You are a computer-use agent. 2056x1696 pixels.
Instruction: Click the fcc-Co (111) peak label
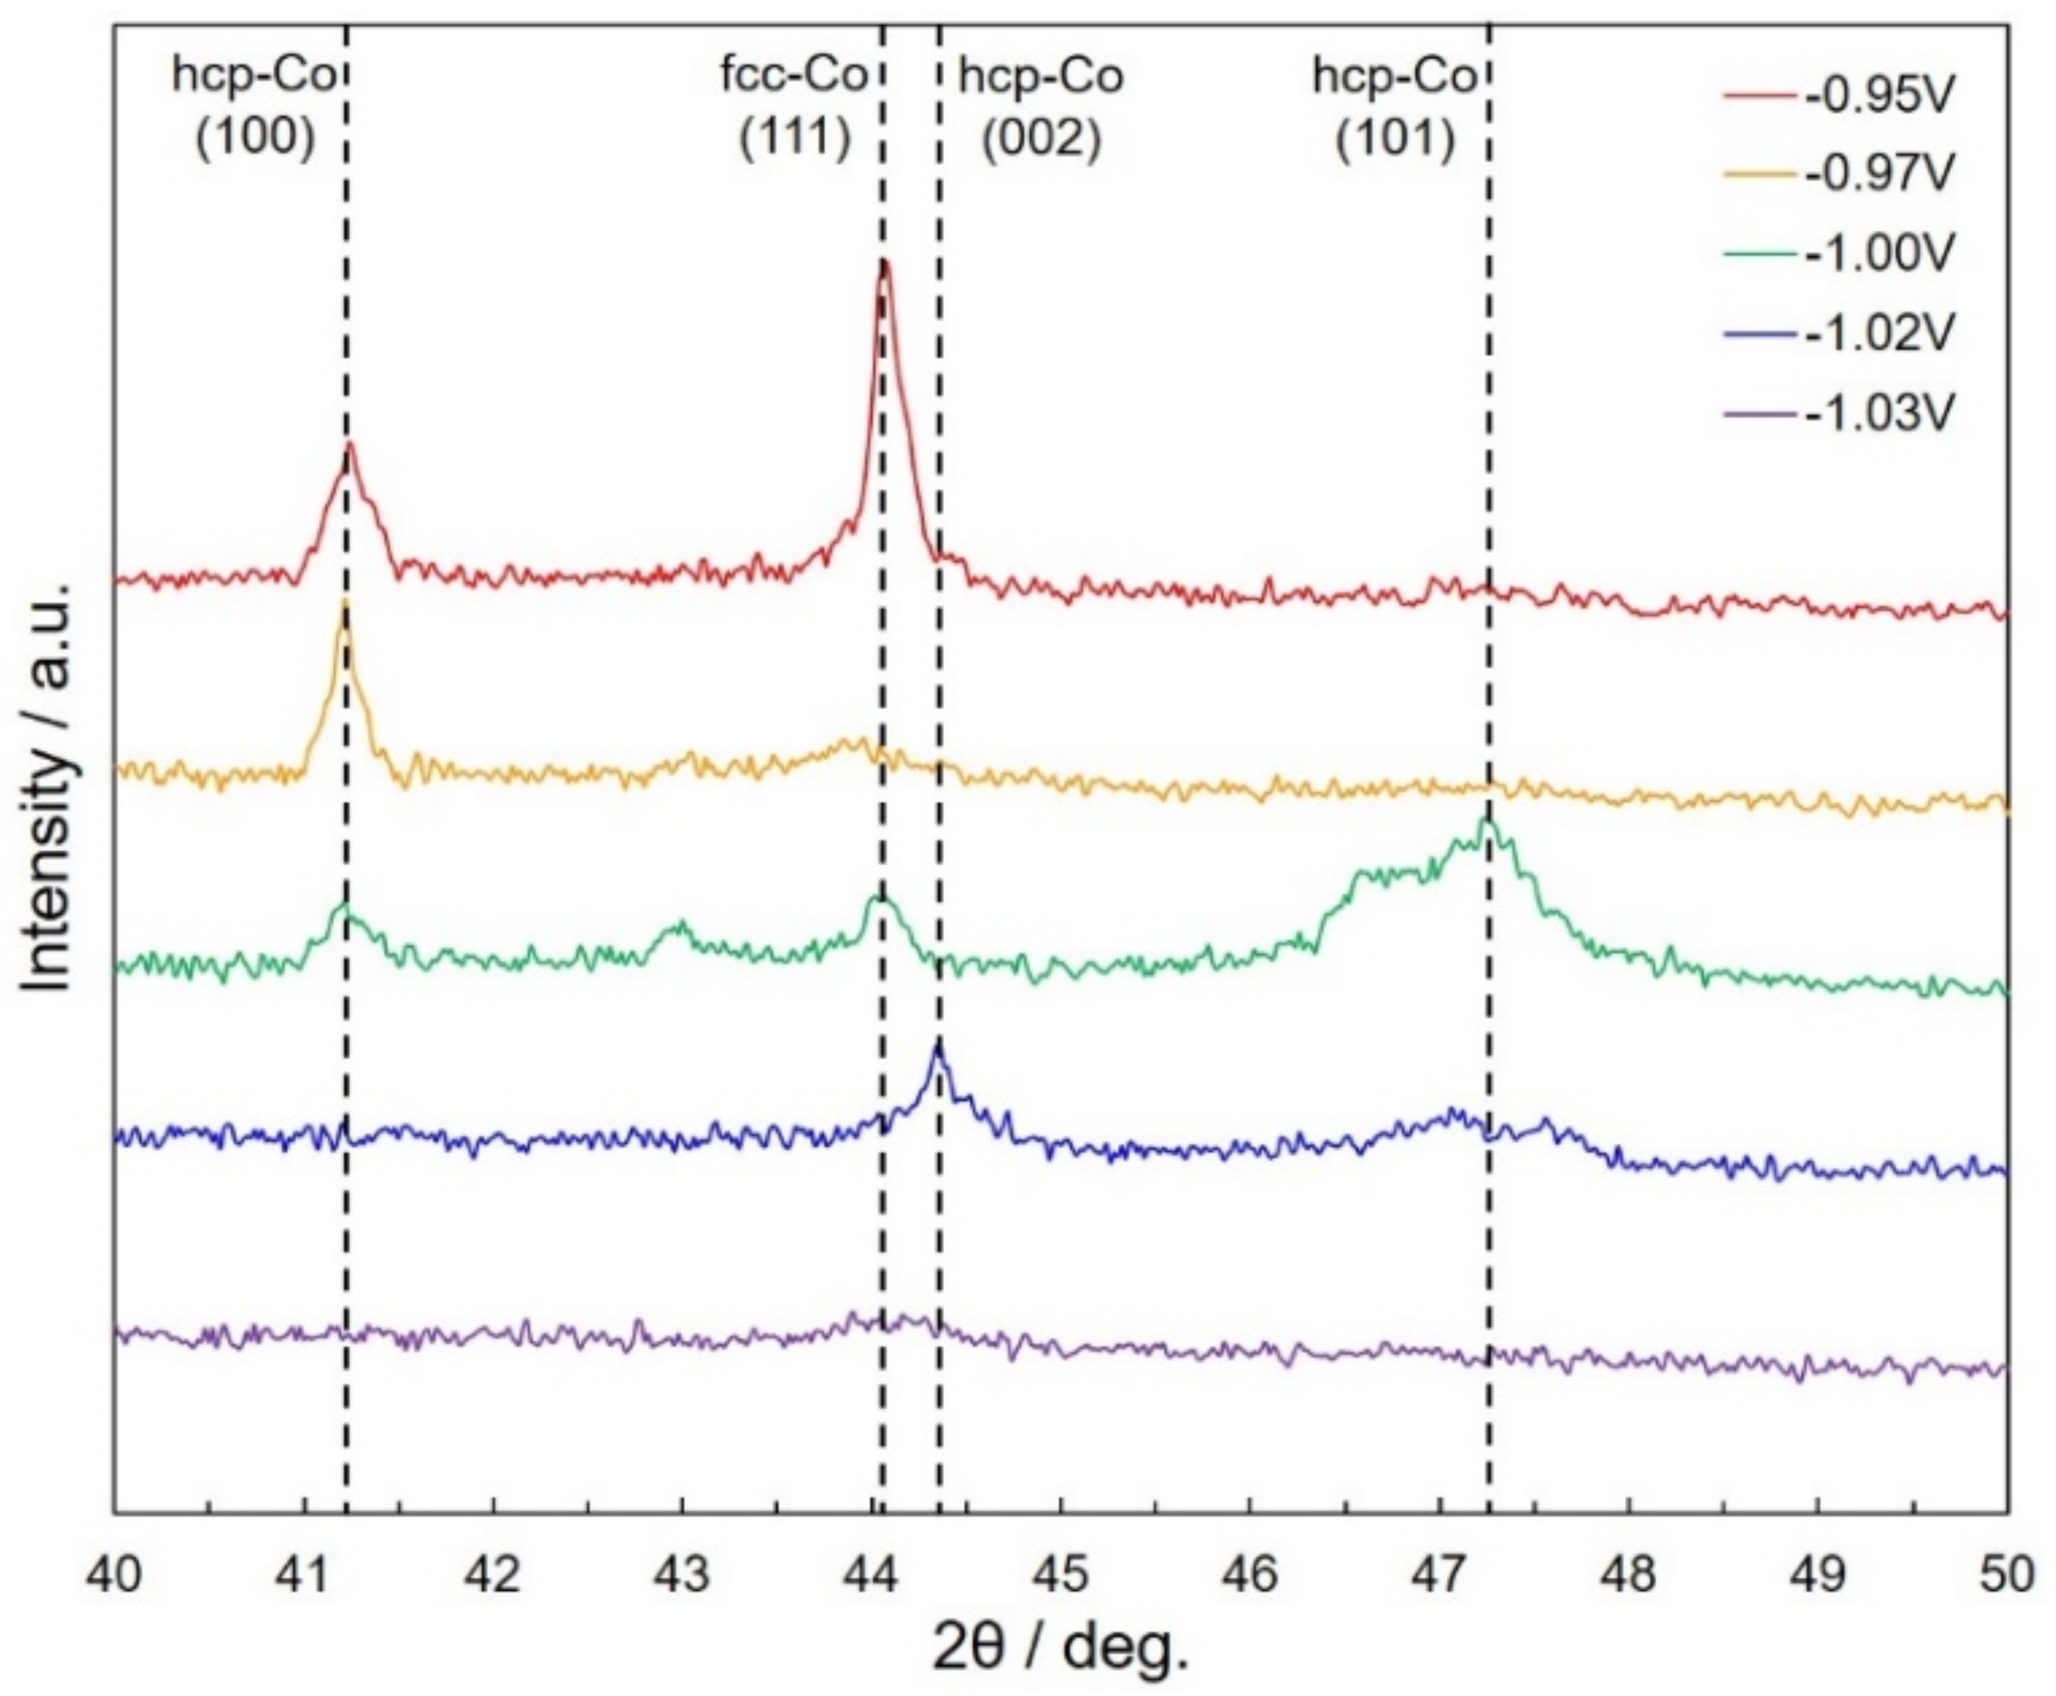(x=795, y=107)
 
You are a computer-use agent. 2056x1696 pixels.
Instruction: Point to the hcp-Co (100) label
(x=256, y=107)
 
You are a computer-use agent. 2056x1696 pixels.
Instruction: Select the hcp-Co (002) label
(x=1041, y=107)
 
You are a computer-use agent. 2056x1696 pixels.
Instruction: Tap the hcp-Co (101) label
(x=1394, y=107)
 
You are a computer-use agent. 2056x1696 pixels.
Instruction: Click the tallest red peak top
(x=884, y=264)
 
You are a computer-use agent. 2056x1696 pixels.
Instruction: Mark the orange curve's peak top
(x=345, y=604)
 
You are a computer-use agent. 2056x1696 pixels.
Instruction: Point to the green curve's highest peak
(x=1486, y=818)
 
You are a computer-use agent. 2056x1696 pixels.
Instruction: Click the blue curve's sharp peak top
(x=938, y=1046)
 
